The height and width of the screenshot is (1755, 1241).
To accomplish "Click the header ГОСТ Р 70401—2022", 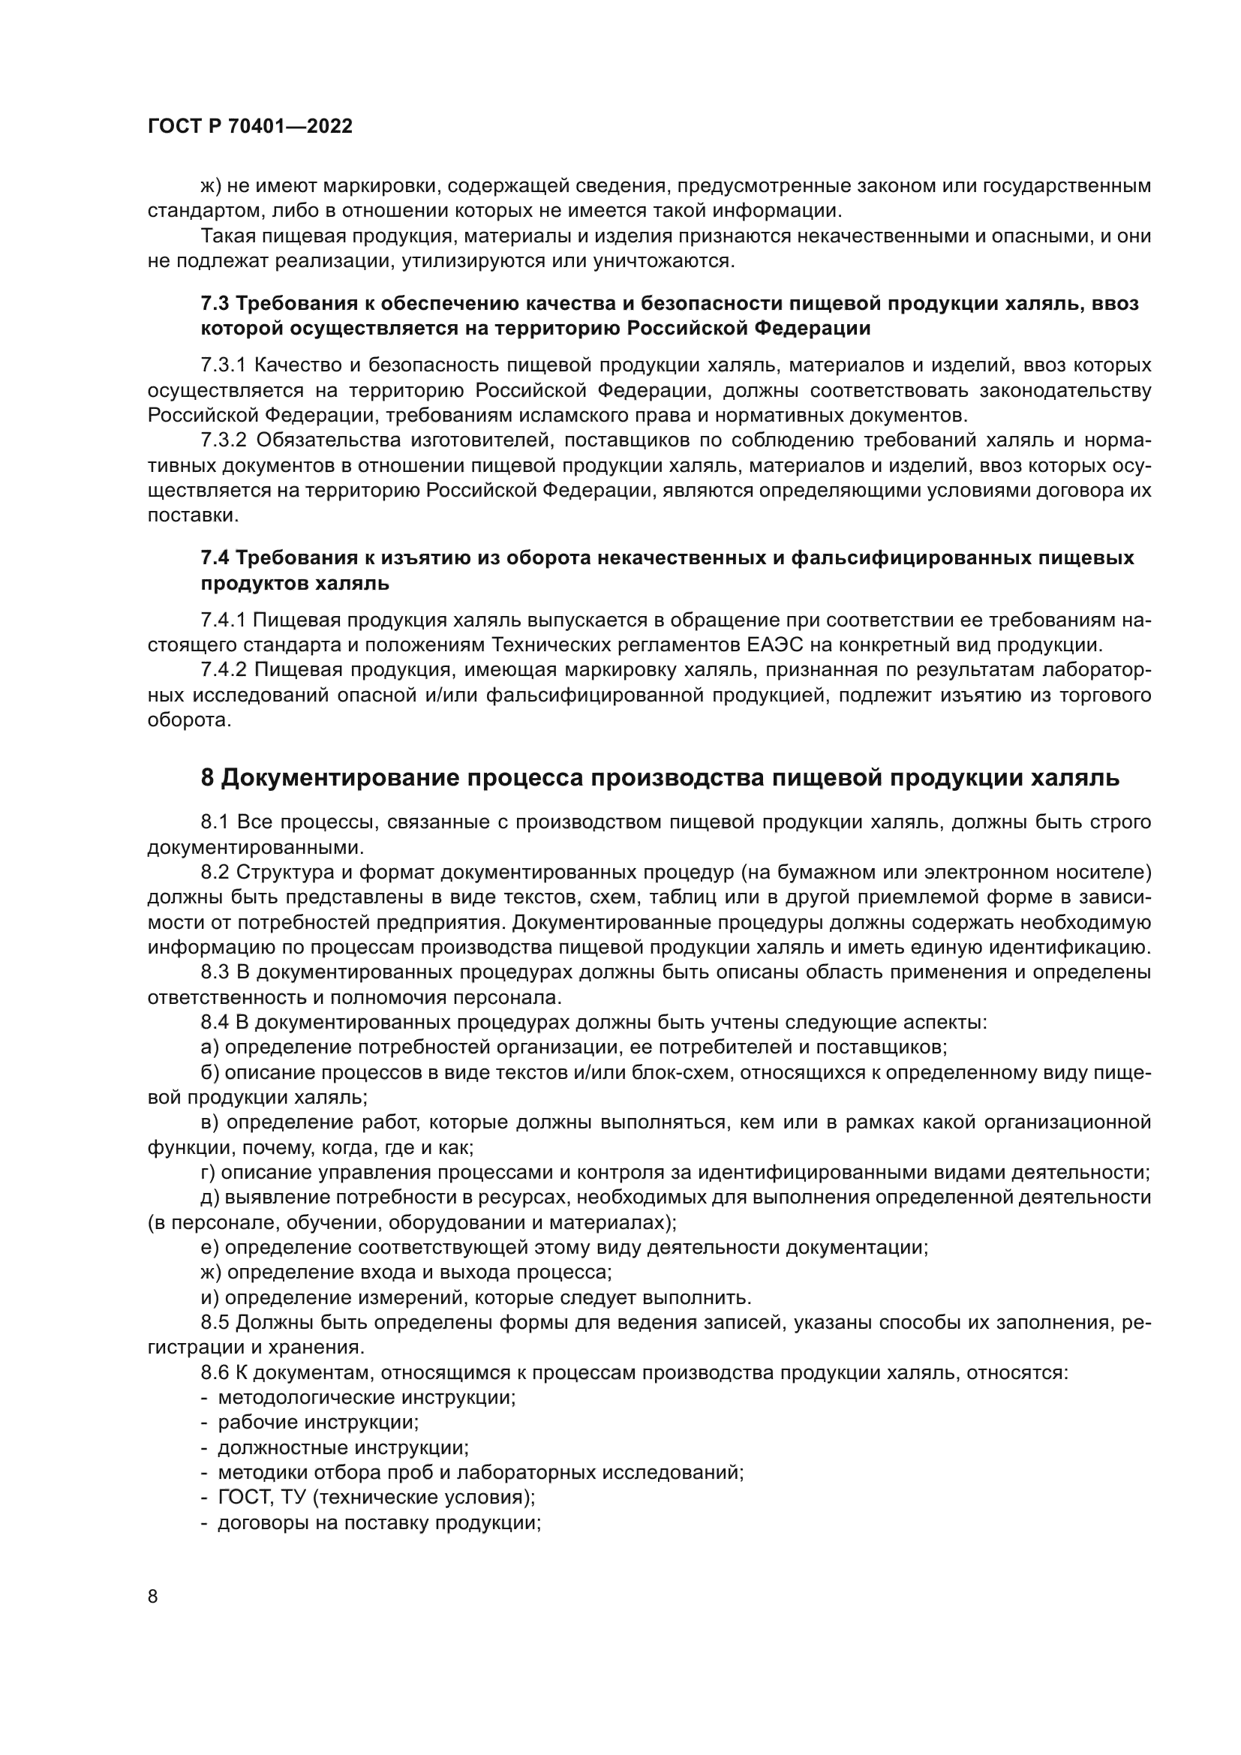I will pyautogui.click(x=250, y=127).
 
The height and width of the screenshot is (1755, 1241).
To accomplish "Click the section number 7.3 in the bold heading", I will pyautogui.click(x=215, y=303).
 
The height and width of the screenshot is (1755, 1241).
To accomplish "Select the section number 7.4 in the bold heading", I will pyautogui.click(x=215, y=558).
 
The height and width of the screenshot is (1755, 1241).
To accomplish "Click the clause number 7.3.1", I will pyautogui.click(x=222, y=365).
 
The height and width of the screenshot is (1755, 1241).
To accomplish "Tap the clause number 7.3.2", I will pyautogui.click(x=224, y=440).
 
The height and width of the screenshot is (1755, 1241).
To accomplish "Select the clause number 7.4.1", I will pyautogui.click(x=222, y=619).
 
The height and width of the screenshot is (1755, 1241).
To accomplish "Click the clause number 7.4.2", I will pyautogui.click(x=223, y=669).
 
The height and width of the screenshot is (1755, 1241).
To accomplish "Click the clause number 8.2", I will pyautogui.click(x=215, y=872).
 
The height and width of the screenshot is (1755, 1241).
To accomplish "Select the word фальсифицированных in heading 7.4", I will pyautogui.click(x=909, y=558).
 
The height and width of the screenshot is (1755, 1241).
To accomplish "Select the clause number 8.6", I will pyautogui.click(x=215, y=1372).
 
